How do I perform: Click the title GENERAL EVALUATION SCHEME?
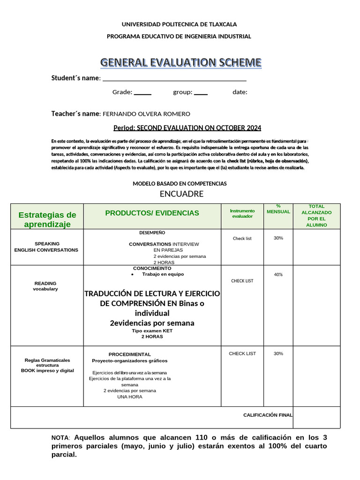[x=180, y=62]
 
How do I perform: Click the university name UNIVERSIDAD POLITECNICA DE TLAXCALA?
[x=180, y=24]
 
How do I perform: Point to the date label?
[x=240, y=92]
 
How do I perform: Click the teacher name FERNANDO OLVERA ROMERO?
[x=146, y=114]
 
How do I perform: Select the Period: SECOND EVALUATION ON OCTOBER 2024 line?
[x=187, y=128]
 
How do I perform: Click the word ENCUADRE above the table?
[x=181, y=194]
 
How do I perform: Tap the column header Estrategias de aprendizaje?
[x=47, y=219]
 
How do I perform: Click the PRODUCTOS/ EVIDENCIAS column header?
[x=152, y=213]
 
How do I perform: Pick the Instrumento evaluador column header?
[x=242, y=213]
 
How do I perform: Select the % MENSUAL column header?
[x=278, y=209]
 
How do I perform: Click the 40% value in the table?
[x=278, y=275]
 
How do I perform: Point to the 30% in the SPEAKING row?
[x=278, y=238]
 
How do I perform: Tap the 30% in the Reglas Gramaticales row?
[x=278, y=353]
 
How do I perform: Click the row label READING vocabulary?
[x=45, y=286]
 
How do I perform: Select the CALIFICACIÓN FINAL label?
[x=268, y=415]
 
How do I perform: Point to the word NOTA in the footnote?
[x=60, y=437]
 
